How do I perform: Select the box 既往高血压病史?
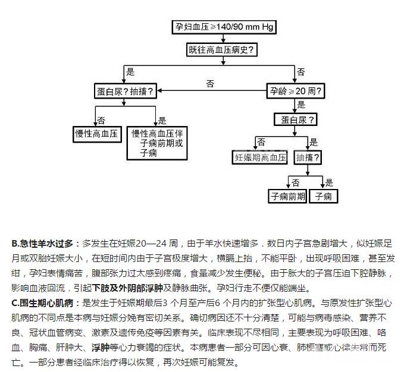coord(223,50)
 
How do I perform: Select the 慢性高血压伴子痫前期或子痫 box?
coord(157,143)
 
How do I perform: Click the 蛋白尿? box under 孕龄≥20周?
coord(296,119)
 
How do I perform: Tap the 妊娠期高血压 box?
coord(261,157)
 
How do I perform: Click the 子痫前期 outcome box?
coord(287,196)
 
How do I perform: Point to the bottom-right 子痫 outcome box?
coord(327,196)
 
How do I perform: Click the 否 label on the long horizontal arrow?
coord(210,83)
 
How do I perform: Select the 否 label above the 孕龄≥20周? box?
coord(301,72)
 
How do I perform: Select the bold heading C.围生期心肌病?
coord(45,302)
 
